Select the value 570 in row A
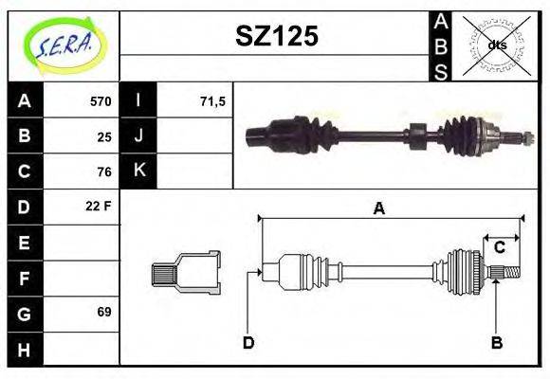[100, 101]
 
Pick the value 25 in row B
[103, 136]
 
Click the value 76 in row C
[103, 171]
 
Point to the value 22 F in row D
[99, 207]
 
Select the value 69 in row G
[103, 312]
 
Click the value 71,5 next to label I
[211, 101]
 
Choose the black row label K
[138, 171]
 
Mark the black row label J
[138, 136]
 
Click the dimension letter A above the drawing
[378, 208]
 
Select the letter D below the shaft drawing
[247, 342]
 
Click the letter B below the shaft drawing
[496, 342]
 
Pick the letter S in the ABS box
[441, 70]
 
